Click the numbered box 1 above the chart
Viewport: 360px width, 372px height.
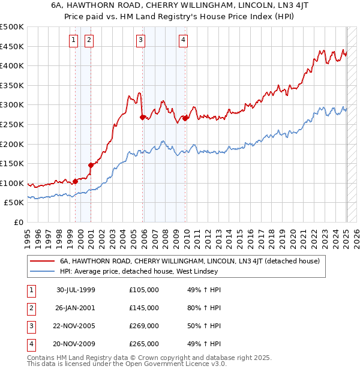(73, 41)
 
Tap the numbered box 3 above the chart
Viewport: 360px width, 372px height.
(140, 41)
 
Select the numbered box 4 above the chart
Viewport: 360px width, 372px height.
(182, 41)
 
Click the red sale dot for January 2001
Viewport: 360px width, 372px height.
(91, 165)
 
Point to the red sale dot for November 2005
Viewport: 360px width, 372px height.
(142, 117)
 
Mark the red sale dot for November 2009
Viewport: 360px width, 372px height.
(185, 118)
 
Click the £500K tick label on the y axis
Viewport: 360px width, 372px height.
(12, 27)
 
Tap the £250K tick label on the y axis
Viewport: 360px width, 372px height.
(12, 124)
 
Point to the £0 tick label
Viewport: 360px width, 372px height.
(18, 222)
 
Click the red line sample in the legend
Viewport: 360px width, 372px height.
(43, 261)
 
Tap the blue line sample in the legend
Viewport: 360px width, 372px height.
(43, 271)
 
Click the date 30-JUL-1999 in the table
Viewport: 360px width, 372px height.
(76, 290)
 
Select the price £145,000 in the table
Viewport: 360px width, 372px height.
(144, 308)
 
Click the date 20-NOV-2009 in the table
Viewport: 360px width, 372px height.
(76, 344)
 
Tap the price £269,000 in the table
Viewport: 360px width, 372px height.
(144, 326)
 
